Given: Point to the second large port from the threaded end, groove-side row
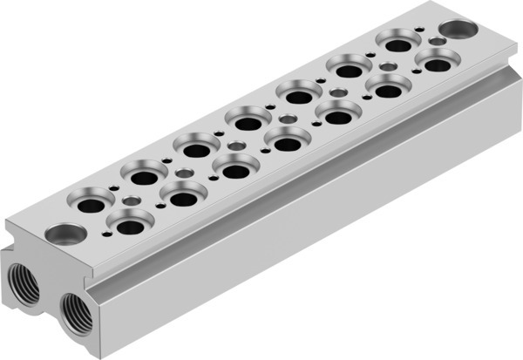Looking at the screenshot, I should tap(181, 196).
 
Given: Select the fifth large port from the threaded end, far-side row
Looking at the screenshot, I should tap(295, 92).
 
